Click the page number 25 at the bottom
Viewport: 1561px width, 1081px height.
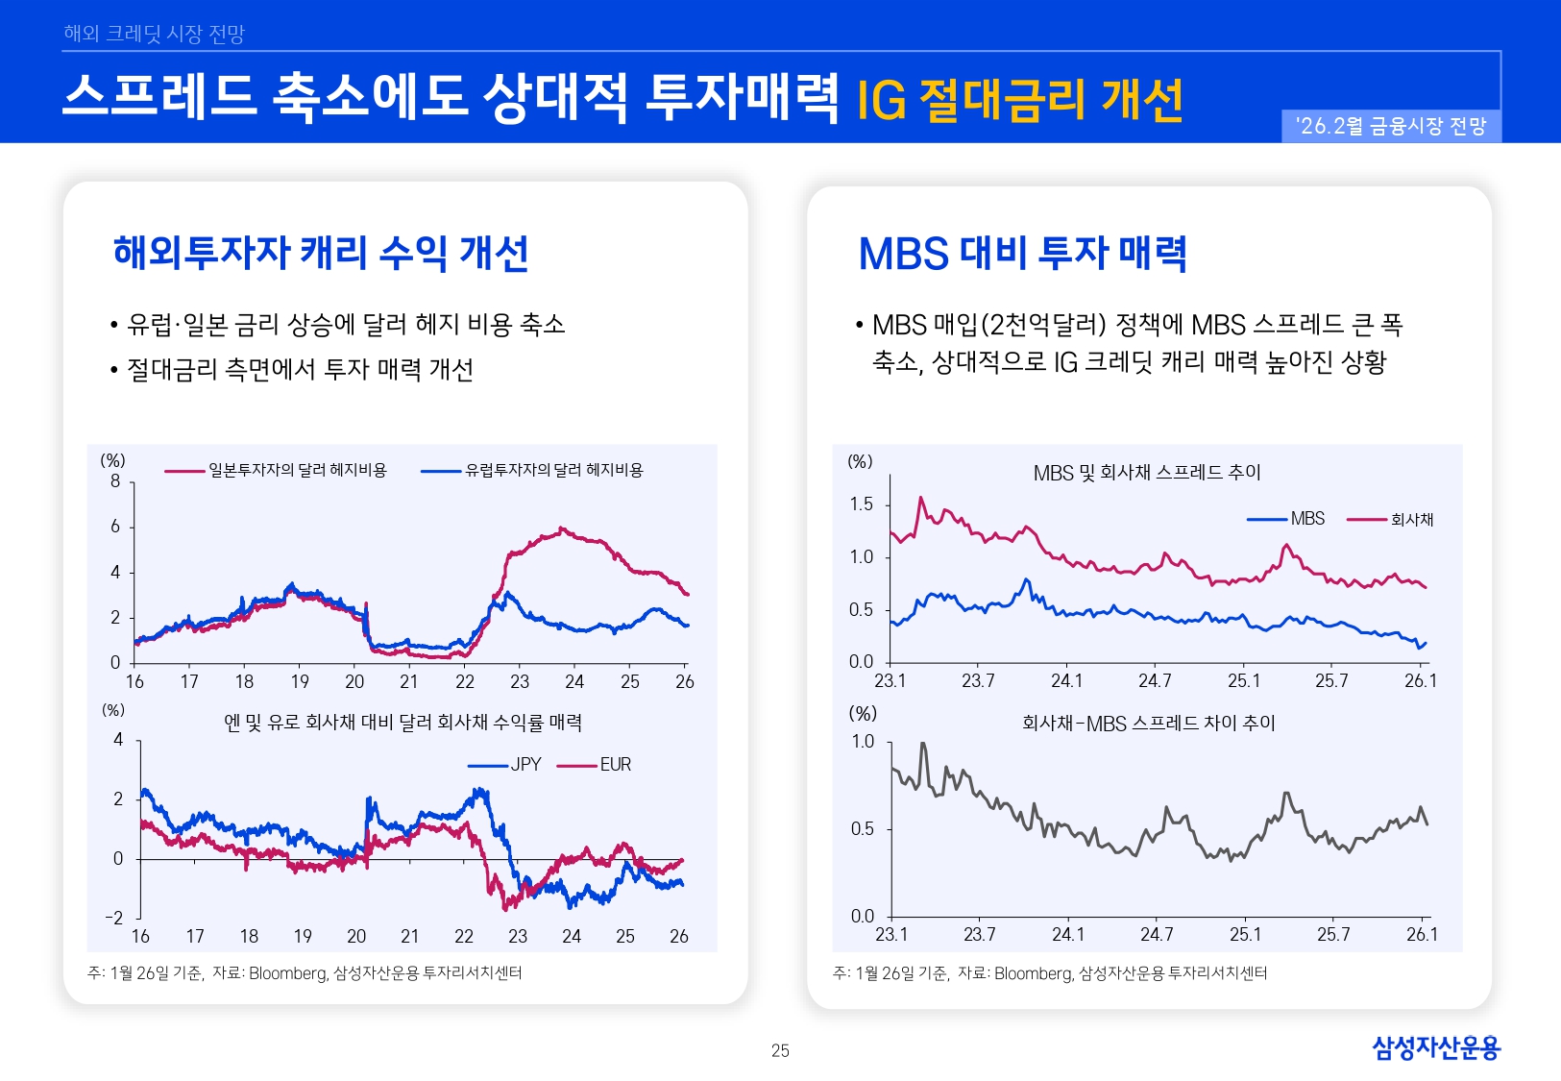[x=780, y=1050]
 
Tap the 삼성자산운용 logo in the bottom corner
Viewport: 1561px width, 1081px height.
[x=1435, y=1047]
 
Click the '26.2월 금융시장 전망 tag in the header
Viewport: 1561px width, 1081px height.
[x=1391, y=127]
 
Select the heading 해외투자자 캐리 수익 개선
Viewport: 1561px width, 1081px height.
[x=321, y=253]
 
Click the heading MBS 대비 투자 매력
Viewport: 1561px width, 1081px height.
[x=1022, y=254]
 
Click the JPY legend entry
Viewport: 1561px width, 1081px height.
[x=524, y=765]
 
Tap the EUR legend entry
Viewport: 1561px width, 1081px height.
[x=615, y=765]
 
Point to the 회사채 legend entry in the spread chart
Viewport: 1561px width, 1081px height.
[x=1411, y=520]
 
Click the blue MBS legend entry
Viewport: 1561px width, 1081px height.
[x=1306, y=519]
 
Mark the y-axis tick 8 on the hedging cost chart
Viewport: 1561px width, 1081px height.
[x=115, y=481]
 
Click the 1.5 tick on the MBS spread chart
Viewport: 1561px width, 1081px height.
[x=861, y=504]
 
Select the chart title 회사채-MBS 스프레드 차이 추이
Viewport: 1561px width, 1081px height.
[x=1148, y=724]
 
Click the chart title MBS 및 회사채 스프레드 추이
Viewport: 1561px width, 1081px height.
[x=1146, y=473]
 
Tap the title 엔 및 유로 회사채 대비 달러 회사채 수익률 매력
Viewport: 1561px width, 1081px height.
[x=402, y=723]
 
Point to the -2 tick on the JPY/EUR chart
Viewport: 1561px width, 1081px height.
[x=114, y=918]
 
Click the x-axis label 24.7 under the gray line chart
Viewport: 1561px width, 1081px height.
[x=1156, y=934]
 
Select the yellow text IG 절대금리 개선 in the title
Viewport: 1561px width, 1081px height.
[x=1019, y=101]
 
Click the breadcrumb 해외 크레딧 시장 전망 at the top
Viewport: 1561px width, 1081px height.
[x=154, y=34]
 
